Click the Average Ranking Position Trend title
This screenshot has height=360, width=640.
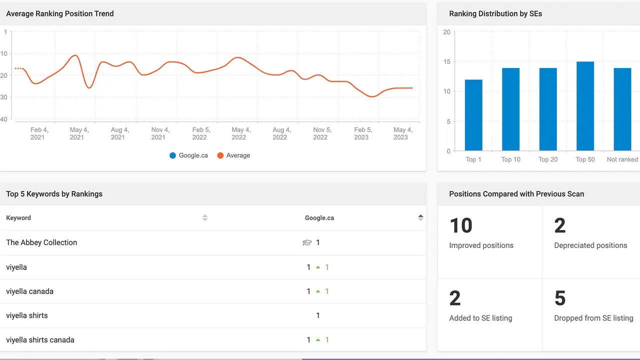pyautogui.click(x=60, y=14)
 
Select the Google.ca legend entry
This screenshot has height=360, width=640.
pyautogui.click(x=188, y=155)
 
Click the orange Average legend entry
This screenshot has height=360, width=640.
pyautogui.click(x=233, y=155)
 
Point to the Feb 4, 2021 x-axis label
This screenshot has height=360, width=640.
pyautogui.click(x=38, y=133)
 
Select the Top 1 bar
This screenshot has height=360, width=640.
pyautogui.click(x=473, y=115)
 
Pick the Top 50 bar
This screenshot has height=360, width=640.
pyautogui.click(x=585, y=106)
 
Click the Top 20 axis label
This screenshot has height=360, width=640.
pyautogui.click(x=548, y=159)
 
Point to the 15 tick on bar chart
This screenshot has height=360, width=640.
pyautogui.click(x=446, y=62)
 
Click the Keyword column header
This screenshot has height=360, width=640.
pyautogui.click(x=18, y=218)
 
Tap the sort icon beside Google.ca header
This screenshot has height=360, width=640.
pyautogui.click(x=420, y=217)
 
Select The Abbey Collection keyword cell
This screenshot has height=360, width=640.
pyautogui.click(x=41, y=242)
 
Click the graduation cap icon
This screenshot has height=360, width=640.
pyautogui.click(x=307, y=242)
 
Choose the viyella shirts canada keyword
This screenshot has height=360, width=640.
pyautogui.click(x=40, y=340)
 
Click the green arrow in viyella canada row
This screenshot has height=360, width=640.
pyautogui.click(x=318, y=291)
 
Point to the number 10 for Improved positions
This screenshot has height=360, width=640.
pyautogui.click(x=460, y=226)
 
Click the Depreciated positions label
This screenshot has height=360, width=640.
pyautogui.click(x=590, y=245)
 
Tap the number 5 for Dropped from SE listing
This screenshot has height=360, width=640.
pyautogui.click(x=560, y=299)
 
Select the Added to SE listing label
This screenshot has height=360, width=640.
pyautogui.click(x=480, y=318)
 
